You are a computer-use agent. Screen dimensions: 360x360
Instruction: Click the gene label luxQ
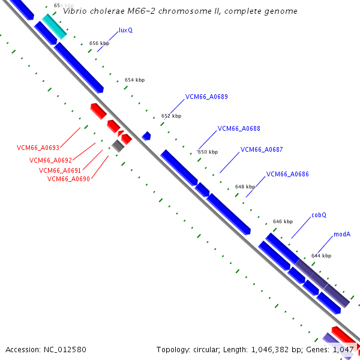125,29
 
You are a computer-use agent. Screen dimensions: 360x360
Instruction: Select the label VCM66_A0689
206,97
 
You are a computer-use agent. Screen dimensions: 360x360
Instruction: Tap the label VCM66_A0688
239,128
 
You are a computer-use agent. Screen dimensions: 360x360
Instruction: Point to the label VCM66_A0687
262,149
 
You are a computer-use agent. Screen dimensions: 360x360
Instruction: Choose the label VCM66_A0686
287,175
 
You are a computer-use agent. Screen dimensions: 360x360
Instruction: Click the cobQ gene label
319,215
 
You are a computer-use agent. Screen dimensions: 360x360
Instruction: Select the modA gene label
342,235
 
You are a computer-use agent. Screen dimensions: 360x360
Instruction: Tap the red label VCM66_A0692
50,160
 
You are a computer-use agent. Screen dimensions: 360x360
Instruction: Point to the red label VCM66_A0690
68,179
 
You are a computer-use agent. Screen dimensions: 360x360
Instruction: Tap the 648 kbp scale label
245,187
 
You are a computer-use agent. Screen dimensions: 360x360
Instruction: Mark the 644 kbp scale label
321,256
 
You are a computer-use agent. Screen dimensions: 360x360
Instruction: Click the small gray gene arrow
118,145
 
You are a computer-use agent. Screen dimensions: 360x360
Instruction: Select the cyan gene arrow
54,26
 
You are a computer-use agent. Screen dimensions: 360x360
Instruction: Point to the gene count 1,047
344,349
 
